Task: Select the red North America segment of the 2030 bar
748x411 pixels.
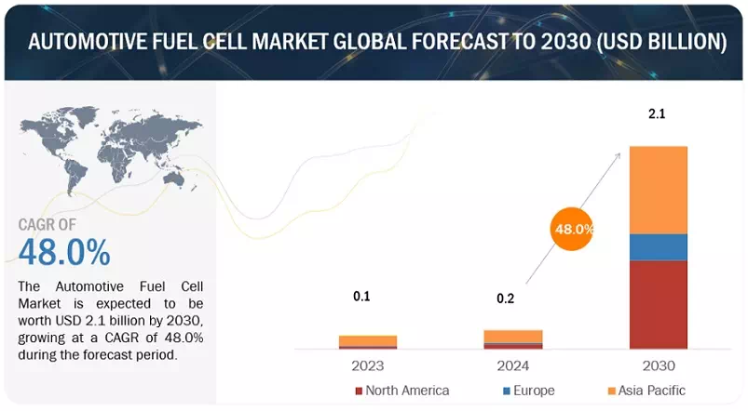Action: pos(659,304)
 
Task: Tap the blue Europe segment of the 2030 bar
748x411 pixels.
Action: pos(659,246)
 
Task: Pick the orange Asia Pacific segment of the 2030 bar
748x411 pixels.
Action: pos(659,190)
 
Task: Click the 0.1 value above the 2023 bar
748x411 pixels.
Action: pos(361,297)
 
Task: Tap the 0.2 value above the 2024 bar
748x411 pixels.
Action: pos(507,299)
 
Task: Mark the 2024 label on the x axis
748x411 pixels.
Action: pos(513,365)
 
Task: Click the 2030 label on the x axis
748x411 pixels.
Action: pos(659,365)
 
